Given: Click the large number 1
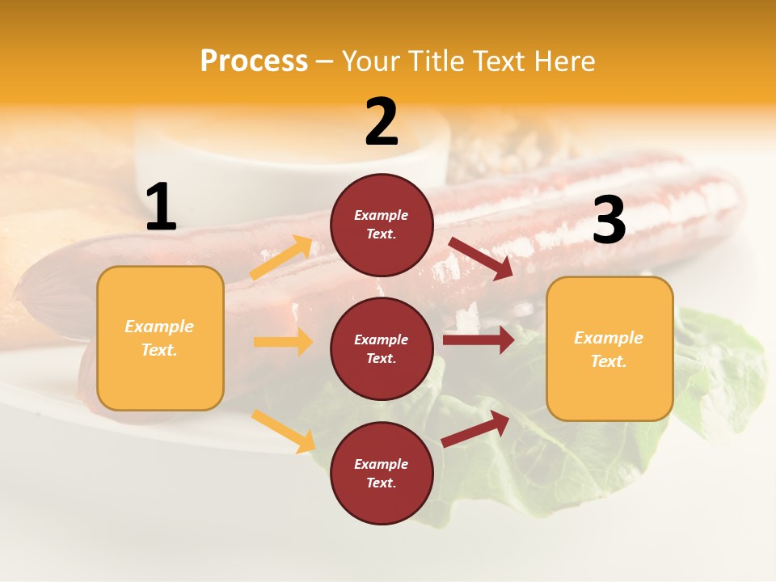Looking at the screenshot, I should pyautogui.click(x=161, y=208).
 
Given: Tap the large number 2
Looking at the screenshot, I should pyautogui.click(x=382, y=122).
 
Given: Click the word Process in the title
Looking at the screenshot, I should pyautogui.click(x=254, y=61).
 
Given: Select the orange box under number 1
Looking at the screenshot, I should pyautogui.click(x=160, y=338).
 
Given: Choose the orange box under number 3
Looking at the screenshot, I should pyautogui.click(x=609, y=348).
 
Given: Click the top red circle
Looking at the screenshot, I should pyautogui.click(x=382, y=225).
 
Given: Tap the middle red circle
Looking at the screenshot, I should pyautogui.click(x=382, y=348).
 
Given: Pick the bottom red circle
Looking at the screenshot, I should pyautogui.click(x=382, y=473).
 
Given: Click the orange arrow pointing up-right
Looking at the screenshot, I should pyautogui.click(x=281, y=258).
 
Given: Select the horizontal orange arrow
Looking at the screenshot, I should pyautogui.click(x=283, y=342).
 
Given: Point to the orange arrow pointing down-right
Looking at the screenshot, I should pyautogui.click(x=283, y=430).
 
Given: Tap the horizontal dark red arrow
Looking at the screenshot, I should pyautogui.click(x=478, y=339).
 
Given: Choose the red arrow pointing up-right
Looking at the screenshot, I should pyautogui.click(x=475, y=429).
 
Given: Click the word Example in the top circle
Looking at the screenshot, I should pyautogui.click(x=382, y=215).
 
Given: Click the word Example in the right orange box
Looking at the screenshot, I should pyautogui.click(x=609, y=338).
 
